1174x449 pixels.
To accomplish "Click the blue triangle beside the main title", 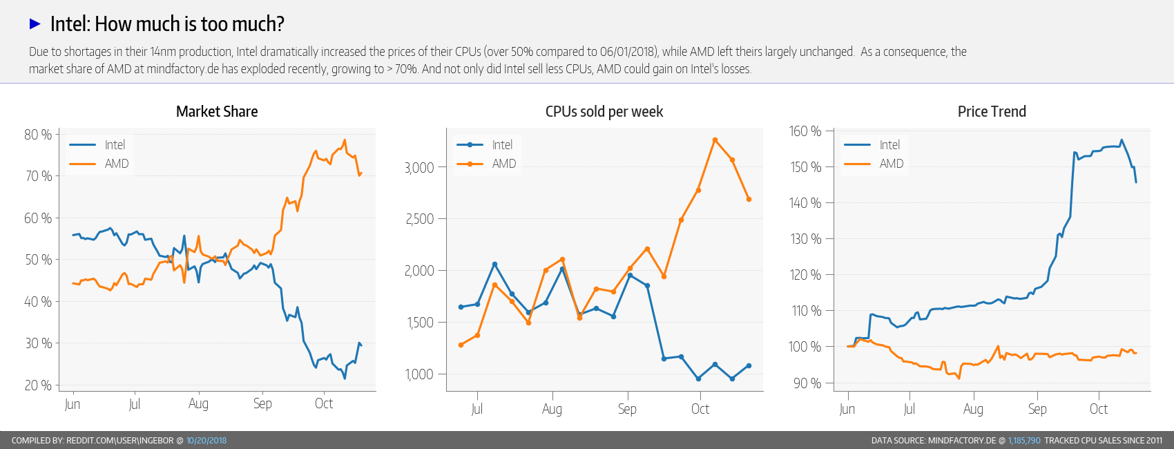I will pos(35,24).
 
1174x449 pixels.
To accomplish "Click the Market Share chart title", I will pos(217,112).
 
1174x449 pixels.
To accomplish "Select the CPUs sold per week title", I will pos(604,112).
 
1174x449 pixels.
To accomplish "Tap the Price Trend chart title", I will pos(992,112).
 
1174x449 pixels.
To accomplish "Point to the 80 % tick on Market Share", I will pos(38,135).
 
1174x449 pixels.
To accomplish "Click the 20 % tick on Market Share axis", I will pos(38,385).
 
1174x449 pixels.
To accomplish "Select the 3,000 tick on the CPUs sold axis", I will pos(419,168).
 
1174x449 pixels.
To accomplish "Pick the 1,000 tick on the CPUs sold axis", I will pos(419,374).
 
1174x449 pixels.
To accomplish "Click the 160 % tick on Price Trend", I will pos(805,131).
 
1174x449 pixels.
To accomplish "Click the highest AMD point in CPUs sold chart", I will pos(715,140).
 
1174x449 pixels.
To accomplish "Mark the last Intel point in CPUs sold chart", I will pos(749,366).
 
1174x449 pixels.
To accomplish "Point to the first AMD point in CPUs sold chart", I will pos(461,345).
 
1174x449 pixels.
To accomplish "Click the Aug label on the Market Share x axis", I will pos(198,403).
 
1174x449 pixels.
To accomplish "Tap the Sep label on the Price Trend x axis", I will pos(1037,409).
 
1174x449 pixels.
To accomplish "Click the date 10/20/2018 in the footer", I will pos(206,441).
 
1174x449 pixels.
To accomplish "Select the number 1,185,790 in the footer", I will pos(1024,441).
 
